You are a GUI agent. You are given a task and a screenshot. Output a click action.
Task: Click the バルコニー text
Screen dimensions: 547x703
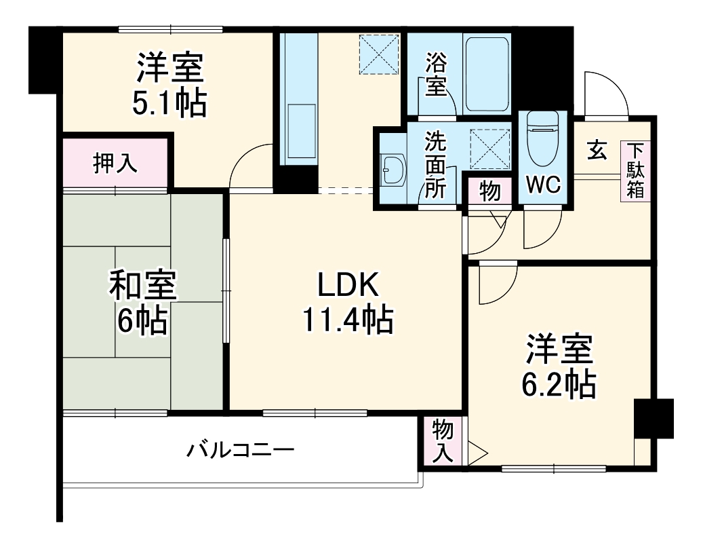[x=241, y=449]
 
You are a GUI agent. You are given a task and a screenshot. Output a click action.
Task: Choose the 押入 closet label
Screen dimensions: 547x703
[x=115, y=164]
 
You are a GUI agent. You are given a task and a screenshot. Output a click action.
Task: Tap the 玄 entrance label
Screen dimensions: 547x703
[x=597, y=149]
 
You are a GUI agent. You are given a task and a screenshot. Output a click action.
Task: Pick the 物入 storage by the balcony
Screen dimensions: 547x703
[x=442, y=441]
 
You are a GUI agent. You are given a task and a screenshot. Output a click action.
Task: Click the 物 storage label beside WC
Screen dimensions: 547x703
[x=489, y=191]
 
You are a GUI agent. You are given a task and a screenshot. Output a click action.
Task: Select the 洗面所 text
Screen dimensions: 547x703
[x=436, y=165]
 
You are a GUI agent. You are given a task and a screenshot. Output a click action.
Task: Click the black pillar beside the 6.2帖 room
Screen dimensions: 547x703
[x=653, y=419]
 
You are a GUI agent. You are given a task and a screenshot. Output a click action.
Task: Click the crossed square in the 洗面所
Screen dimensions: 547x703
[x=489, y=147]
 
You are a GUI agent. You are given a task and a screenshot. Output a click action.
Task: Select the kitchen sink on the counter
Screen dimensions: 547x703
[x=302, y=132]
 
